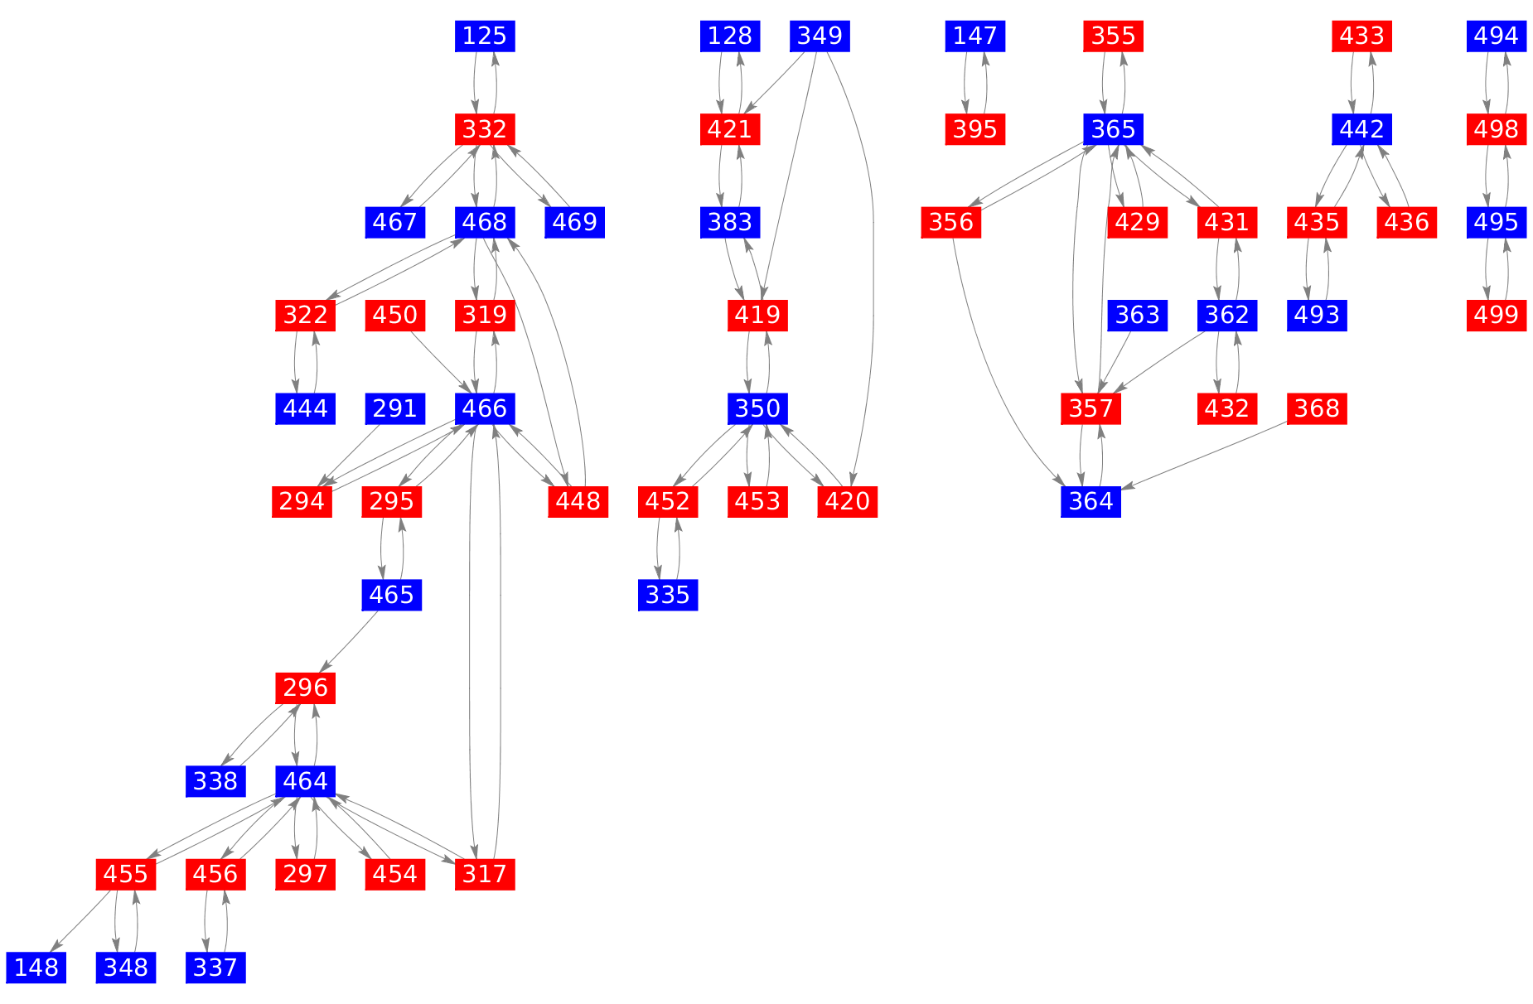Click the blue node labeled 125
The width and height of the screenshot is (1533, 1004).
tap(485, 36)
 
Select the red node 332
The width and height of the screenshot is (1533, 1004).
tap(485, 129)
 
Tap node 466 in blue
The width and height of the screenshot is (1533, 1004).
tap(485, 408)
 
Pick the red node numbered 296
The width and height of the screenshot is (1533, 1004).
tap(306, 688)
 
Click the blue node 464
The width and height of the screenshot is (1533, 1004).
tap(306, 780)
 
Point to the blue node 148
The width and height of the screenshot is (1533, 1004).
tap(36, 967)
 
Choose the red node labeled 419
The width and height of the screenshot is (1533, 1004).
tap(757, 316)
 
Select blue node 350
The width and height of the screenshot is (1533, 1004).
tap(757, 408)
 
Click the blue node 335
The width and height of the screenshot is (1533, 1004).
tap(668, 595)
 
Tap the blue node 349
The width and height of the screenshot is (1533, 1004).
tap(820, 36)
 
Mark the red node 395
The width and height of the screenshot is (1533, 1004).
tap(975, 129)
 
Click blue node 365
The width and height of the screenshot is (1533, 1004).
tap(1114, 129)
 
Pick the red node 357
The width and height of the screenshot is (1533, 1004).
tap(1091, 408)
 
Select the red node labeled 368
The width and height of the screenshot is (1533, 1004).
tap(1317, 408)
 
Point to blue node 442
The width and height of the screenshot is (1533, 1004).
tap(1362, 129)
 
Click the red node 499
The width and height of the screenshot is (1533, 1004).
tap(1497, 316)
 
